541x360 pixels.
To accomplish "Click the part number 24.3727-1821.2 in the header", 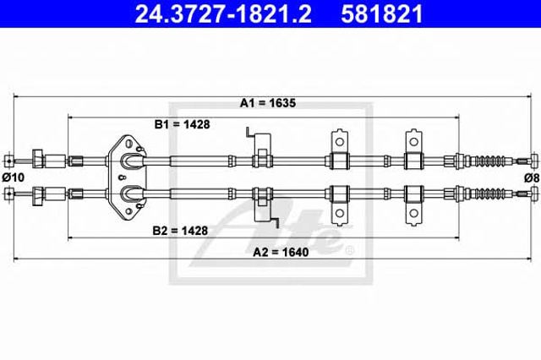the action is (x=223, y=14).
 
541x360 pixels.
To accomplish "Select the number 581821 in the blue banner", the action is (x=381, y=14).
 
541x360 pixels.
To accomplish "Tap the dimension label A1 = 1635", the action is (x=268, y=103).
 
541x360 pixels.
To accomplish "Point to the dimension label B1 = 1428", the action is (x=183, y=124).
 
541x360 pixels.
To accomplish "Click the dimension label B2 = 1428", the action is (x=180, y=231).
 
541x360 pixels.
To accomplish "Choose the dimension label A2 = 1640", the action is (x=281, y=252).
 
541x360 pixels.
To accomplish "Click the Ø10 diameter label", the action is (x=14, y=177).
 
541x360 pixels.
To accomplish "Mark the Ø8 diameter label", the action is (x=532, y=178).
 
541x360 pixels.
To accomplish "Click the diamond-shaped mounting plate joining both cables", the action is (x=128, y=177).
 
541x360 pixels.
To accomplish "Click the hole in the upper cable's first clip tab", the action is (x=340, y=142).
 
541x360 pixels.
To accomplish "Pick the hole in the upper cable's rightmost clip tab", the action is (x=413, y=142).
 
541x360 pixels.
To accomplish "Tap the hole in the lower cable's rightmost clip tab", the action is (x=413, y=213).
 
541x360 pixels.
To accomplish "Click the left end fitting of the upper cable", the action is (x=9, y=161).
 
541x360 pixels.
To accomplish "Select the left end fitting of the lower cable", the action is (x=9, y=194).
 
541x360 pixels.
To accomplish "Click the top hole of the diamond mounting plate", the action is (x=129, y=143).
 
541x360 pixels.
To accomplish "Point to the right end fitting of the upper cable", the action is (x=535, y=161).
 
